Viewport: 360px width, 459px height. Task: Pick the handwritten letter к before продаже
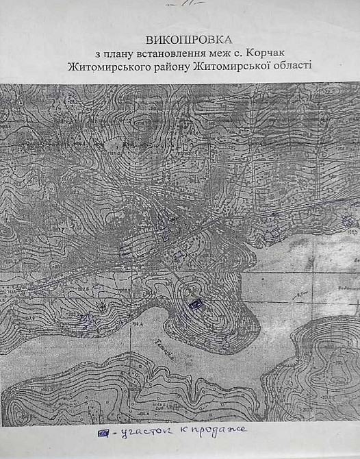coord(186,432)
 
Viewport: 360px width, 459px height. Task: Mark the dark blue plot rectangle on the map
coord(194,303)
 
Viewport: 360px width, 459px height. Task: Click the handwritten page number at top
coord(179,4)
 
